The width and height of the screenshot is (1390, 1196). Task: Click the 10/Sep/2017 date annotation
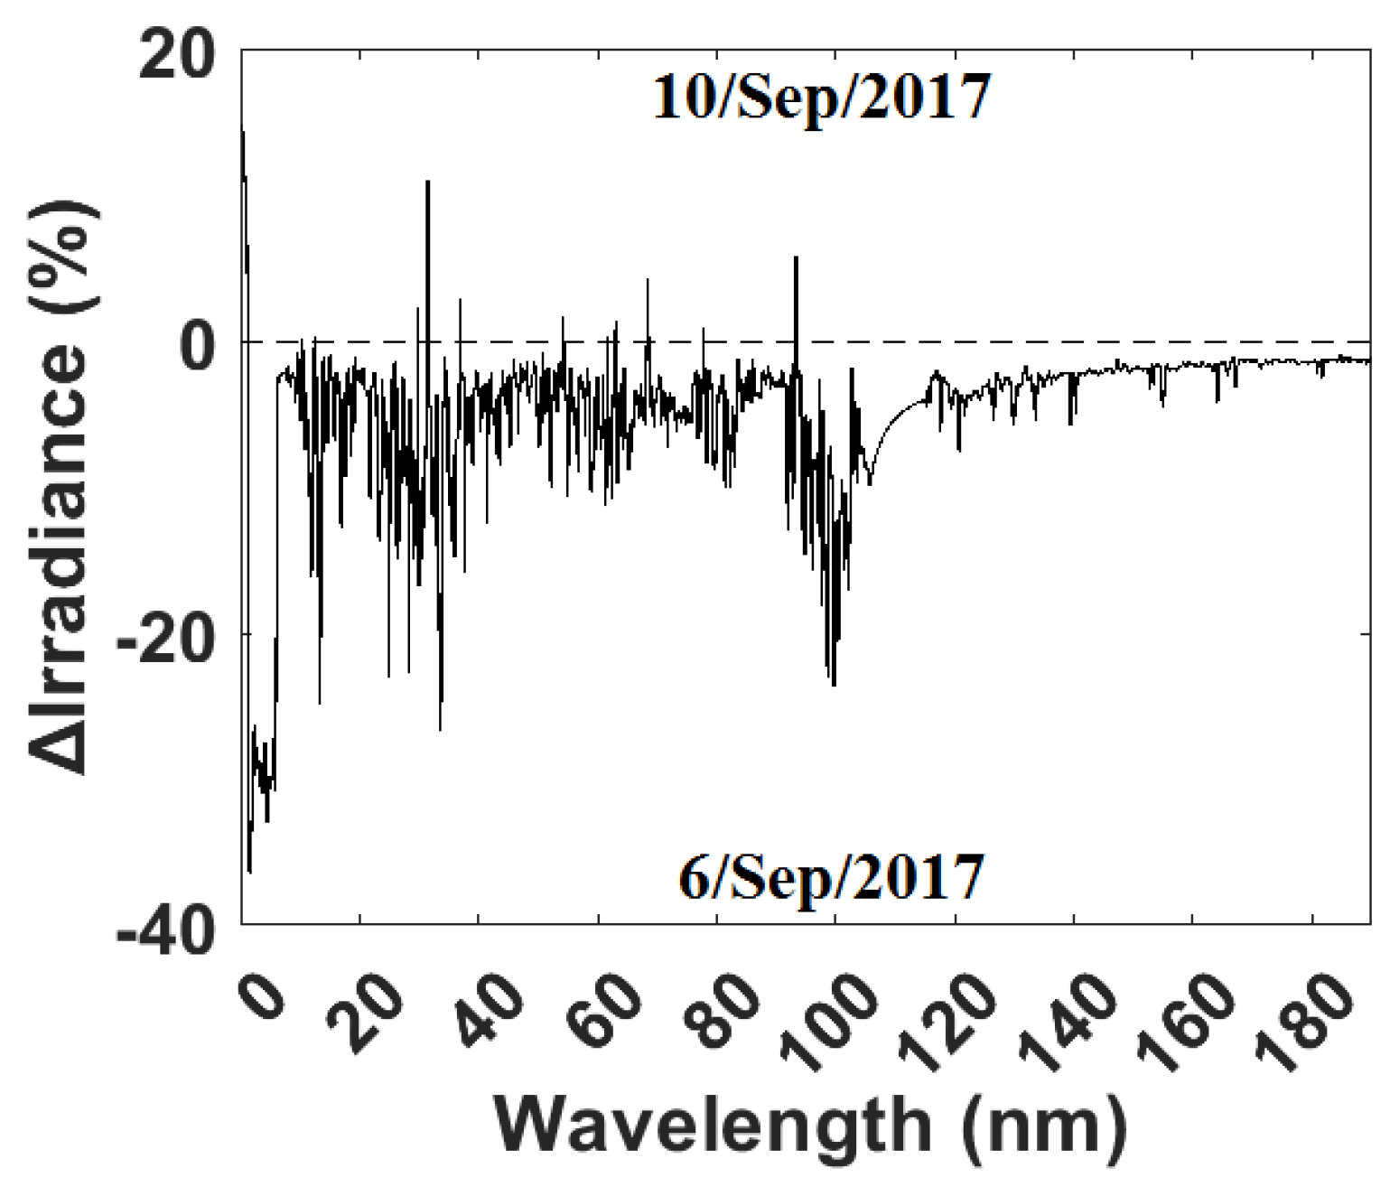821,97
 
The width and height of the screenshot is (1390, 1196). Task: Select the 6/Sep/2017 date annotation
830,877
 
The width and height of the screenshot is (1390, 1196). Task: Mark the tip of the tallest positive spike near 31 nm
428,182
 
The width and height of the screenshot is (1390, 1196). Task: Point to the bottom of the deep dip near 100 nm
833,685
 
